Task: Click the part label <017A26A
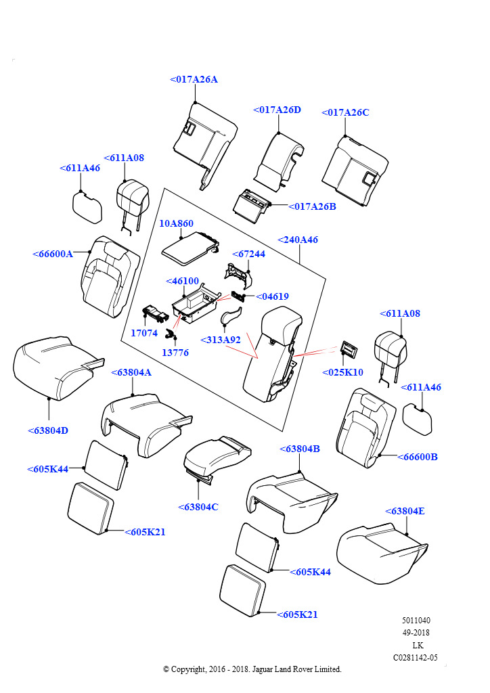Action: click(194, 80)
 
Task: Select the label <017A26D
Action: click(277, 110)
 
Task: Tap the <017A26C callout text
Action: click(345, 113)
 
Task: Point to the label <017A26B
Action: click(312, 206)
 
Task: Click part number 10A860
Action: click(176, 223)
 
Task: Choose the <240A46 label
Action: click(297, 240)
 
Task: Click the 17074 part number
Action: click(144, 333)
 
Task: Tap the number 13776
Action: click(175, 353)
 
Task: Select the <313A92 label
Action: click(221, 340)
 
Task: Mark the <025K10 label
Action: click(342, 372)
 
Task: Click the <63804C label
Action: click(198, 507)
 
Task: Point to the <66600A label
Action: click(53, 254)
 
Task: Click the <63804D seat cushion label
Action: click(48, 430)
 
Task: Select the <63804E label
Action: click(405, 511)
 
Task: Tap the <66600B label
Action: click(417, 457)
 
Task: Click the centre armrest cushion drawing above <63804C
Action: click(217, 455)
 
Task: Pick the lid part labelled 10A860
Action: click(188, 246)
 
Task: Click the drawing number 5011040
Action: click(416, 621)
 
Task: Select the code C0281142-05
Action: click(416, 657)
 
